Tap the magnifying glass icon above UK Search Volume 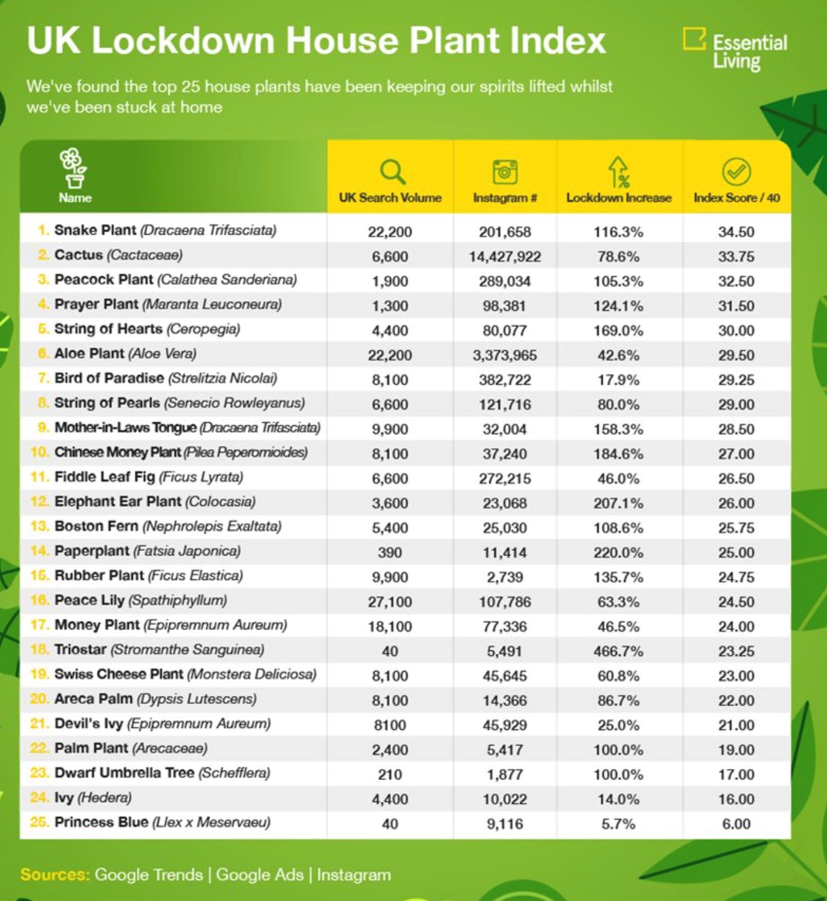click(392, 172)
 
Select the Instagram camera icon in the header click(505, 172)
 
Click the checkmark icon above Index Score click(736, 172)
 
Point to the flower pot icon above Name click(74, 168)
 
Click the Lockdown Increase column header click(618, 198)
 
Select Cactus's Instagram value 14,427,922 click(505, 256)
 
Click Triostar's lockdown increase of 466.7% click(618, 651)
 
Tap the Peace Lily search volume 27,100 click(390, 602)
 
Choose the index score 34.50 click(736, 232)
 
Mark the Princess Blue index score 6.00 click(736, 824)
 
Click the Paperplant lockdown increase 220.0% click(618, 553)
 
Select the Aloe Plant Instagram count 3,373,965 click(505, 355)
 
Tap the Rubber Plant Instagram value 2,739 click(505, 577)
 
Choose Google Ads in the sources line click(259, 874)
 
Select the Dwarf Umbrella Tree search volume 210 click(390, 775)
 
